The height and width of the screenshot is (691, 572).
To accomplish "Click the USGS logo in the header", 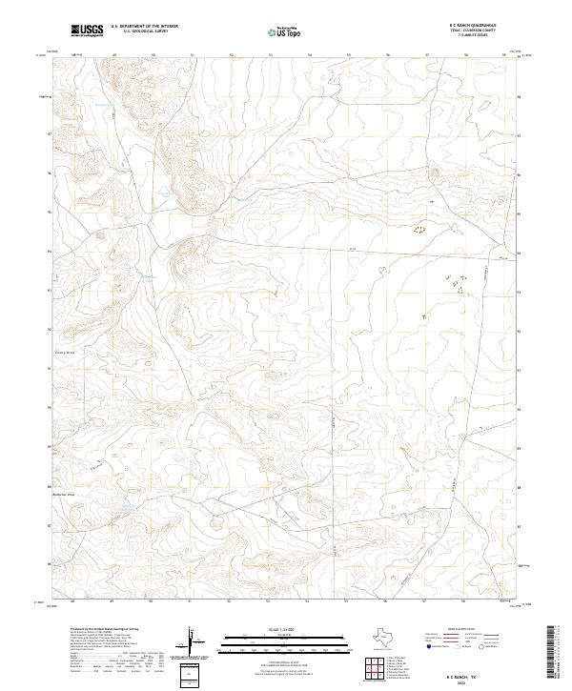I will coord(88,31).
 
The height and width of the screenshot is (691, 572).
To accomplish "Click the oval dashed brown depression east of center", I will coord(418,231).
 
